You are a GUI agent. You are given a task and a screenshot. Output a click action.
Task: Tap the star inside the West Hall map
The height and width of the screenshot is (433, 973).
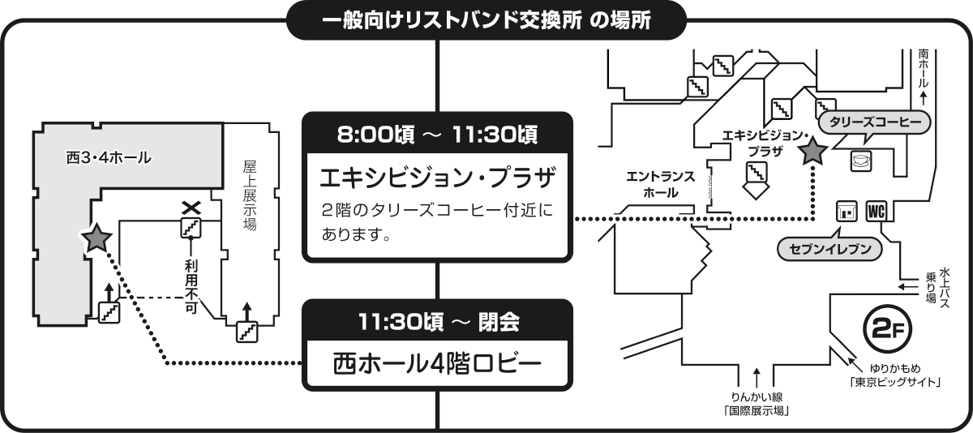[x=97, y=238]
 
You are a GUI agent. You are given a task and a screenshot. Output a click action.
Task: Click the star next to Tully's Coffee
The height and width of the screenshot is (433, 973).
[x=812, y=151]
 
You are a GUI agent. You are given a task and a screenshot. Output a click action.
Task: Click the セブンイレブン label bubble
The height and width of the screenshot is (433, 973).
[x=829, y=249]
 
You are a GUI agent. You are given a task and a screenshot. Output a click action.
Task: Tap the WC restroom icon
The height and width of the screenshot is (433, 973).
[x=877, y=211]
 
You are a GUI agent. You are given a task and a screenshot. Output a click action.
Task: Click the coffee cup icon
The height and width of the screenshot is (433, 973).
[x=859, y=161]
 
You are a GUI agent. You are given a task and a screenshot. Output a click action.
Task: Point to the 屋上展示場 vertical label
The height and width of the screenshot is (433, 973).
[x=250, y=195]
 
